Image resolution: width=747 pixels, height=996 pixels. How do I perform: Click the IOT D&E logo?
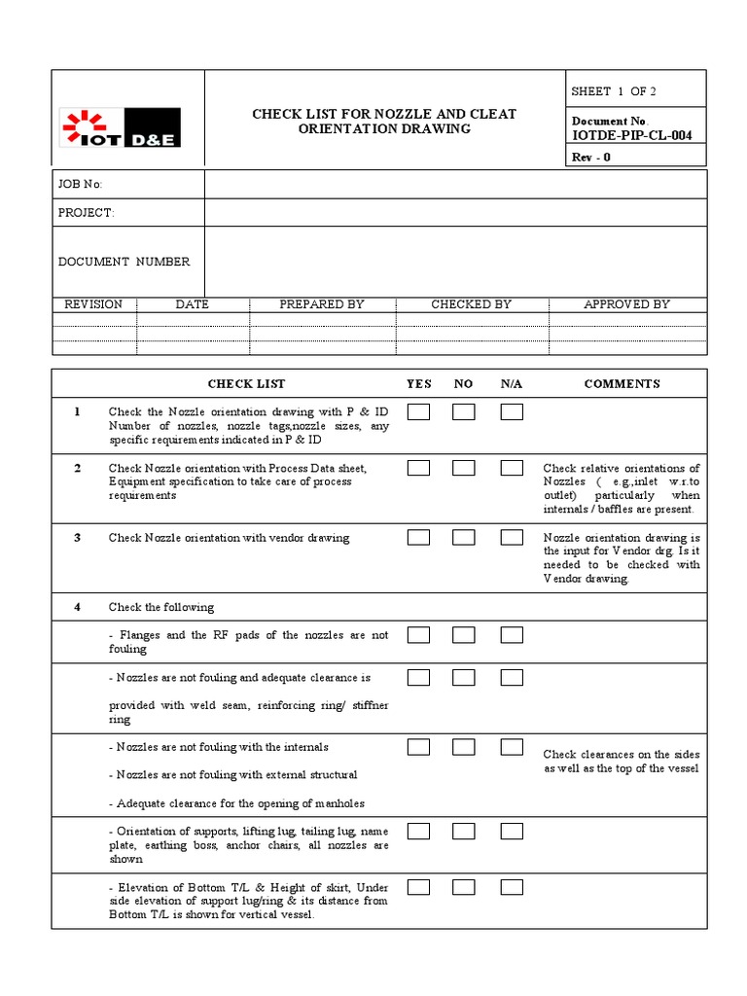tap(121, 127)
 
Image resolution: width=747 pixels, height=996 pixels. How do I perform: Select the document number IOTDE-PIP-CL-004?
tap(633, 135)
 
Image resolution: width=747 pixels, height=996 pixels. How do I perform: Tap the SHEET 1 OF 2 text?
tap(614, 91)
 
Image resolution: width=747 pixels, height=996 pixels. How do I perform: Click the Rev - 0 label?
tap(591, 158)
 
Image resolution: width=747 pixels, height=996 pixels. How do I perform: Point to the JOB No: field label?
tap(81, 185)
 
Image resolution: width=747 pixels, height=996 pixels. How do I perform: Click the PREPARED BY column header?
tap(321, 304)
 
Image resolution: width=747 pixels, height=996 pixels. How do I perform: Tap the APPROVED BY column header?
tap(626, 304)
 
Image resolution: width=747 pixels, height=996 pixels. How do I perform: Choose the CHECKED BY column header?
tap(471, 304)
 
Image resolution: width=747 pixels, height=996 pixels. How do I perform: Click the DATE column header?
tap(192, 304)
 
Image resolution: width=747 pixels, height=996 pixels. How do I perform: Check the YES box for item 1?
tap(418, 412)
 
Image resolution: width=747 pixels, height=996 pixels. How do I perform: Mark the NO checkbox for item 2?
tap(464, 469)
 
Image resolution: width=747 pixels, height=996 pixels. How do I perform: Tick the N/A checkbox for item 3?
tap(512, 537)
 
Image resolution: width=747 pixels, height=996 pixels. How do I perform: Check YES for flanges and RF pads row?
tap(418, 635)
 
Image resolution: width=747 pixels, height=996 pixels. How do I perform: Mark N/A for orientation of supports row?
tap(512, 832)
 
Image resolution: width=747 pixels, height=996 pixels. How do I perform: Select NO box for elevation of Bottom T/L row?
tap(464, 887)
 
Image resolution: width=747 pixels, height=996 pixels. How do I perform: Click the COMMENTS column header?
tap(622, 384)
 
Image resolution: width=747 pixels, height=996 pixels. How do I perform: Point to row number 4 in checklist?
tap(77, 607)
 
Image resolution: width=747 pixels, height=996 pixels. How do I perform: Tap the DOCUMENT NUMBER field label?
tap(124, 262)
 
